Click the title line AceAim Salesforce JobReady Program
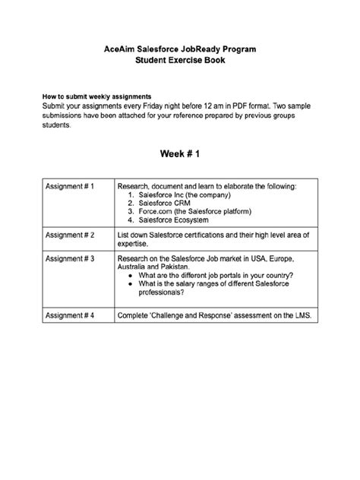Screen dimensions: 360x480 180,48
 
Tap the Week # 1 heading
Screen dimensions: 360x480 180,154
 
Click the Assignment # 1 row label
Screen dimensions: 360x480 70,186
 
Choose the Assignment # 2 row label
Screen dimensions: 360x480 70,235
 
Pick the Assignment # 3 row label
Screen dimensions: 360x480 70,259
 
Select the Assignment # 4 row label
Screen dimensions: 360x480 70,314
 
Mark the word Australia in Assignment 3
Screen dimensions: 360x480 132,267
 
